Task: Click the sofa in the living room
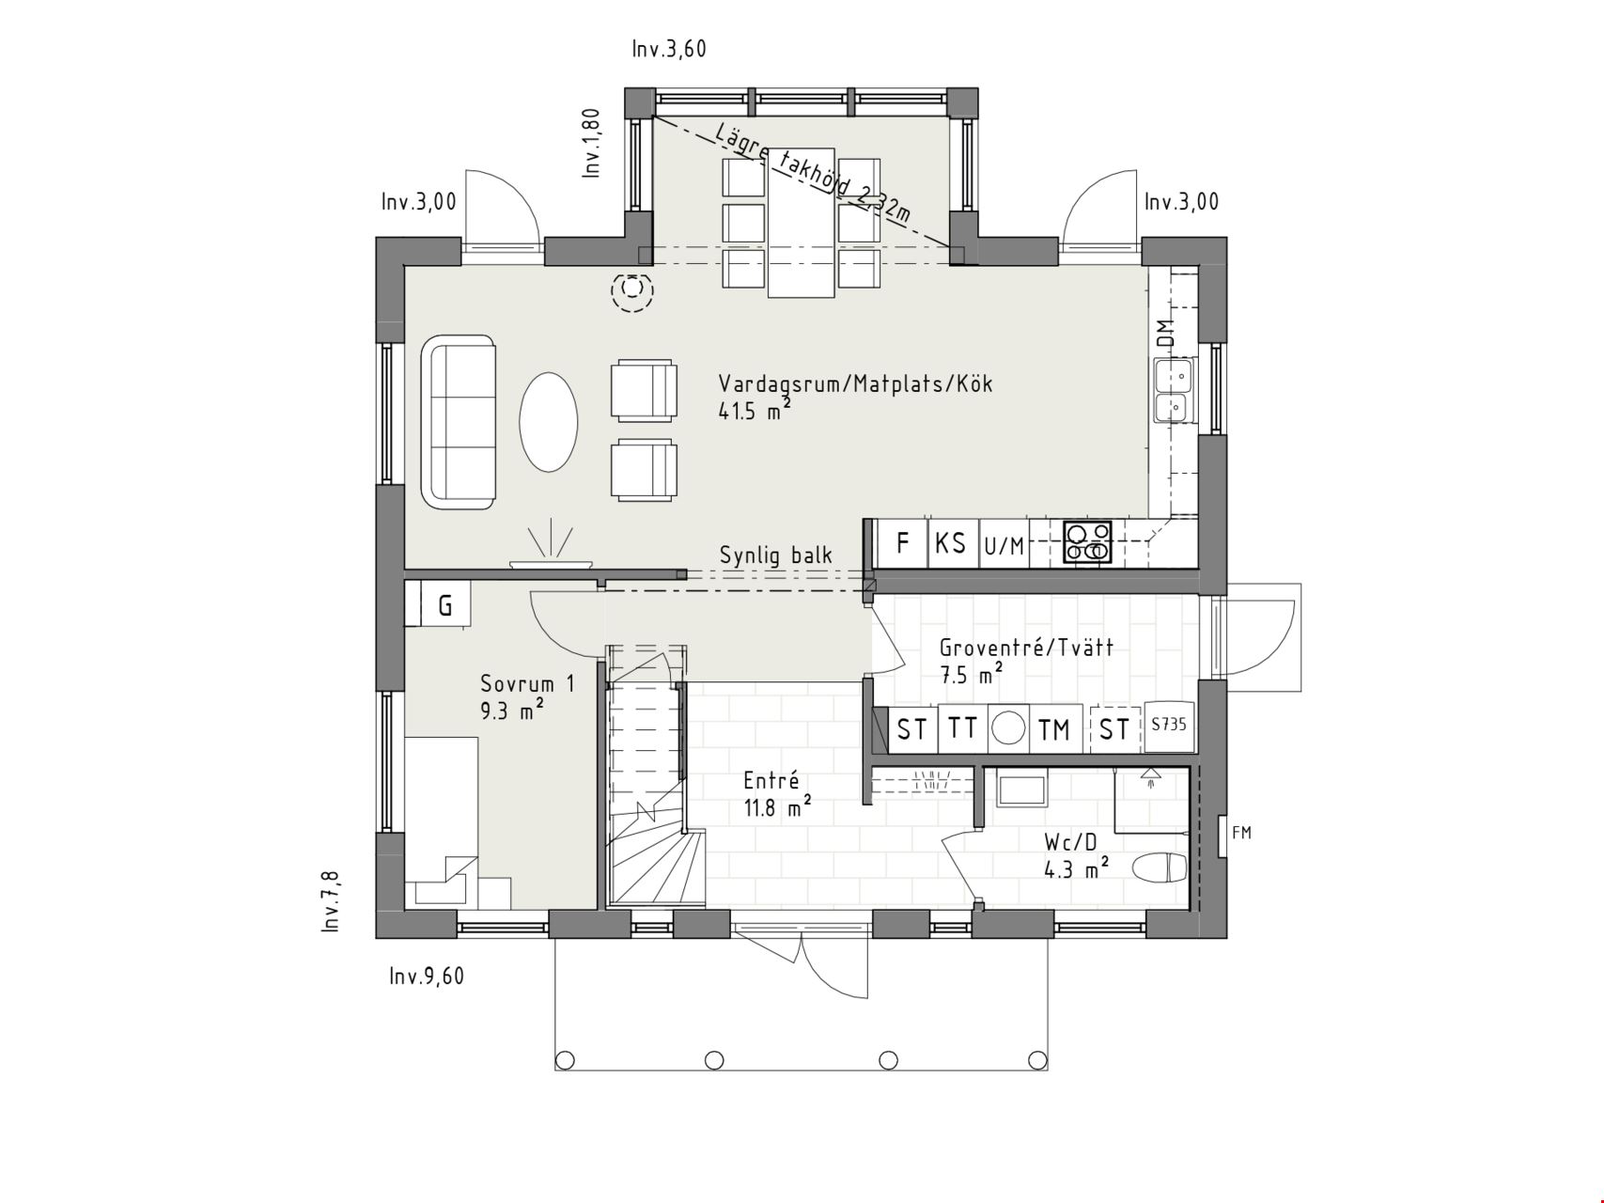click(459, 422)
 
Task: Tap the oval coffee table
click(549, 422)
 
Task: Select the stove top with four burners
click(1087, 542)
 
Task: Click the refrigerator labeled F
click(902, 543)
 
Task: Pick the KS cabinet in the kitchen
click(952, 543)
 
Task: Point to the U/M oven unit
click(1004, 545)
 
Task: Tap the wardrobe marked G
click(445, 605)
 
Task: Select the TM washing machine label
click(1054, 729)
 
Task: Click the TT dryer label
click(961, 728)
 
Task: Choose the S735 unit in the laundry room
click(1168, 726)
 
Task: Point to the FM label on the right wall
click(1241, 833)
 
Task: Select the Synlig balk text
click(776, 555)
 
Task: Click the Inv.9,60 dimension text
click(427, 976)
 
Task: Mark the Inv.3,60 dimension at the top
click(669, 49)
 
